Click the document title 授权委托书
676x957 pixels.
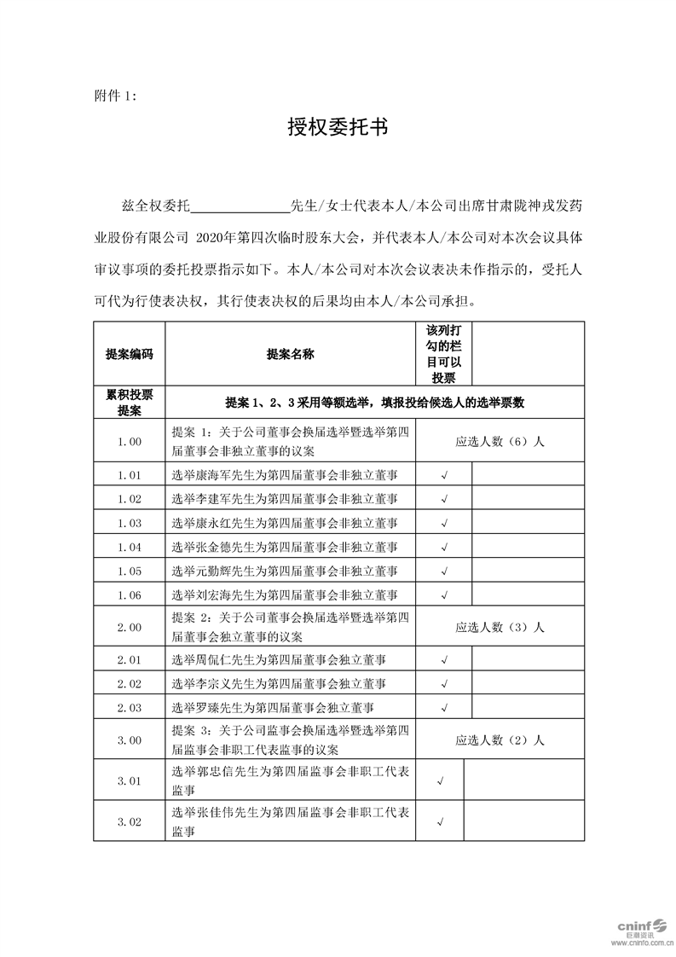click(x=338, y=129)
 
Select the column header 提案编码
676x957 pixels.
click(x=130, y=354)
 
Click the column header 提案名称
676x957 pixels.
click(x=290, y=354)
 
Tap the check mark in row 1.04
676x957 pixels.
click(x=443, y=547)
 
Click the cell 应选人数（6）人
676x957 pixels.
click(x=500, y=441)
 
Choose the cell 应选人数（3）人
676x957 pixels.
click(x=500, y=627)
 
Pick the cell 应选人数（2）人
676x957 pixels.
click(x=500, y=740)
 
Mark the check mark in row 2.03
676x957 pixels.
click(x=443, y=708)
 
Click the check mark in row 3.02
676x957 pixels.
click(x=440, y=822)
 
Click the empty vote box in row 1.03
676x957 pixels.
click(x=529, y=523)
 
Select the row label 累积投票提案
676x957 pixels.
click(x=130, y=402)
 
